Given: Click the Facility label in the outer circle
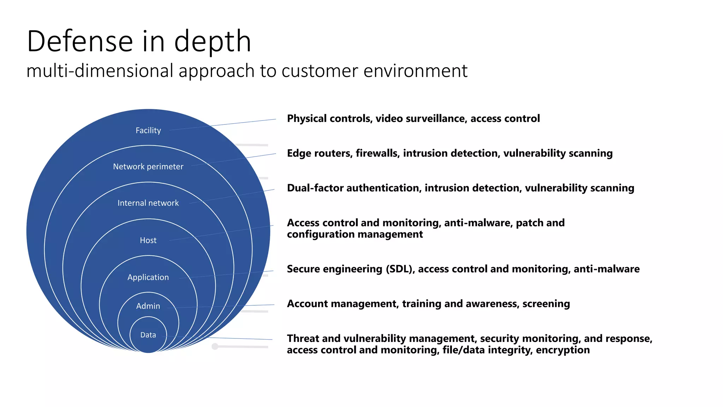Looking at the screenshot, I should pos(148,130).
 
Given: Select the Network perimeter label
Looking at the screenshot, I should pos(148,166).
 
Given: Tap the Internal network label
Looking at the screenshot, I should pos(148,203).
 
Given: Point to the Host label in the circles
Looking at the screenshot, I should pos(148,240).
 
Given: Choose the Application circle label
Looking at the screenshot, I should pos(148,277).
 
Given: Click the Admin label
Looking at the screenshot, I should pos(148,306).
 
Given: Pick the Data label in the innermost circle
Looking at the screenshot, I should pos(148,335).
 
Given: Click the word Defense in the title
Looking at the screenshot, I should pos(80,41).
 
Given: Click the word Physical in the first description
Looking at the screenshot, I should pos(306,119).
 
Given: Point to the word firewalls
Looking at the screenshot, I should pos(377,153).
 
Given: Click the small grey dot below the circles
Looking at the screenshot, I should pos(215,346).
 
